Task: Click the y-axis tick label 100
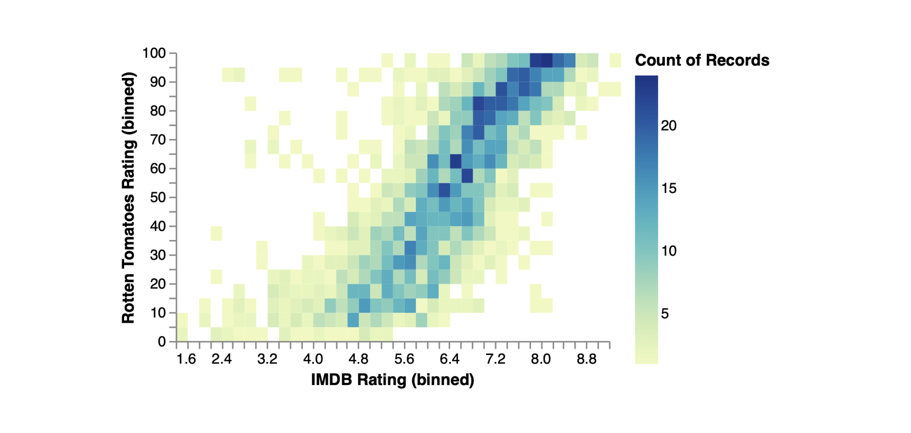click(x=154, y=53)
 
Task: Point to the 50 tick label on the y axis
click(x=158, y=197)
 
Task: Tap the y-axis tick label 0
click(x=162, y=341)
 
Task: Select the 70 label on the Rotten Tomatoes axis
click(x=158, y=139)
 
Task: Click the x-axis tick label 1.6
click(x=186, y=359)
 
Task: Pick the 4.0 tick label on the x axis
click(x=313, y=359)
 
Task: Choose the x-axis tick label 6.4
click(x=449, y=359)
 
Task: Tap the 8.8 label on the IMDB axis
click(x=586, y=359)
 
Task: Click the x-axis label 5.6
click(x=404, y=359)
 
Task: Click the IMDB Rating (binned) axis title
click(x=392, y=379)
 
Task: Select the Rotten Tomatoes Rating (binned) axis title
click(x=128, y=197)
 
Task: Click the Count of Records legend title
click(x=702, y=60)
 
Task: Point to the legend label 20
click(x=669, y=125)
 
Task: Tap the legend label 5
click(x=665, y=313)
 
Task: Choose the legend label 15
click(x=669, y=188)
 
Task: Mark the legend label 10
click(x=669, y=251)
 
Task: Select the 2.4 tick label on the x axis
click(x=221, y=359)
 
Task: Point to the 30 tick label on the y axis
click(x=158, y=255)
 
